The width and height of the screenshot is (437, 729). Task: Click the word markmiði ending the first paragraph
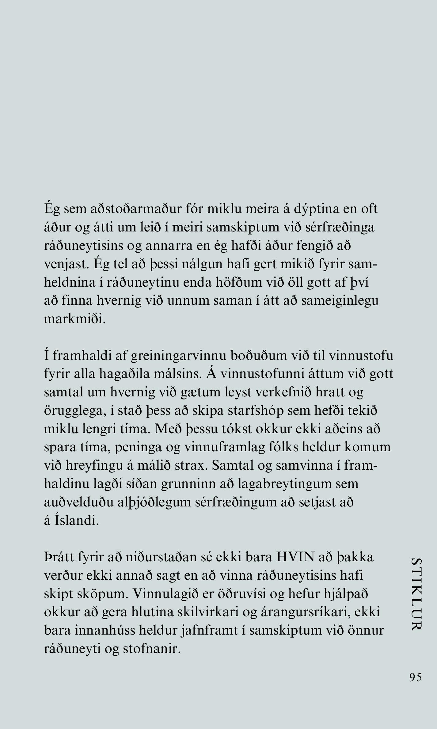[75, 319]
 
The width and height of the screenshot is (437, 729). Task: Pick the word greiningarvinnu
[179, 356]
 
